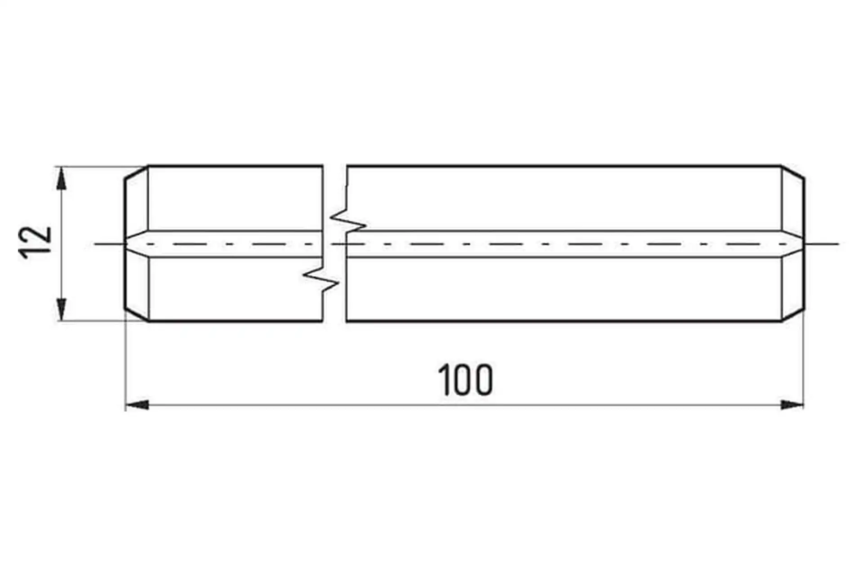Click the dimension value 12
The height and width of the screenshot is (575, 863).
point(35,243)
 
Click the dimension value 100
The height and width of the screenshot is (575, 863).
point(465,380)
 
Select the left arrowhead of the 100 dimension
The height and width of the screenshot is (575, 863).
point(137,405)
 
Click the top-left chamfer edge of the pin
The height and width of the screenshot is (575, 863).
point(136,172)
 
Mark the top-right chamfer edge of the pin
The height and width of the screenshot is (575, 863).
point(793,172)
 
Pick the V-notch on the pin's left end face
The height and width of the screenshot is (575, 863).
point(135,244)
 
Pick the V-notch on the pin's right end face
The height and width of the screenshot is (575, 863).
point(794,244)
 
